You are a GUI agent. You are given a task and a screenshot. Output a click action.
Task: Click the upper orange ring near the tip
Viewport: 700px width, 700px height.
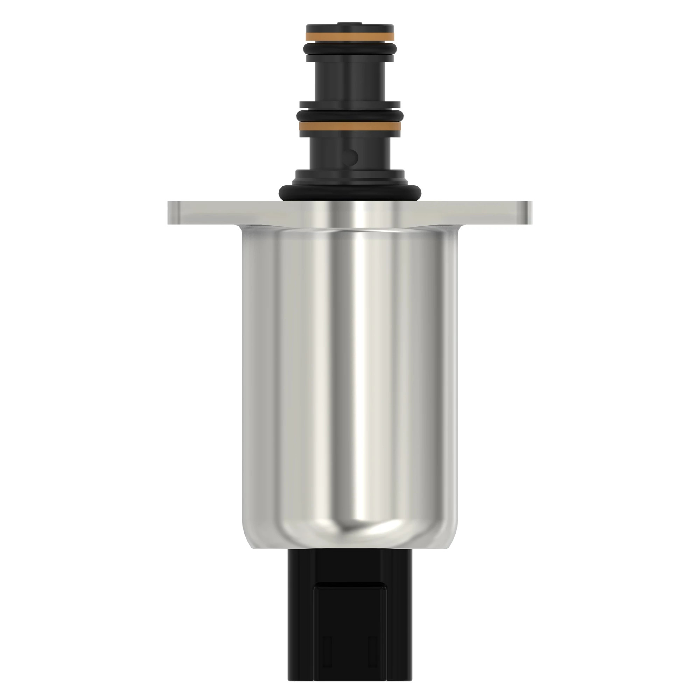[350, 37]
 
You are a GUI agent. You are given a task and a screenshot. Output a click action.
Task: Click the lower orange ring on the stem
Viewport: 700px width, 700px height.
[350, 126]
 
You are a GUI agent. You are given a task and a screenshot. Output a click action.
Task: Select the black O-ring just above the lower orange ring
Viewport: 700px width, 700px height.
[350, 115]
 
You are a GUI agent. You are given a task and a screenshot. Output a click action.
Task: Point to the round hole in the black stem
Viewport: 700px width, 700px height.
[351, 156]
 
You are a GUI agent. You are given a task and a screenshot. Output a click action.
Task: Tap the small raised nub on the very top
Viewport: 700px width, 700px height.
[350, 24]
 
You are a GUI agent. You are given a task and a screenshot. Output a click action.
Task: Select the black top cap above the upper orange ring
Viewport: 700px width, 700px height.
[350, 29]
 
